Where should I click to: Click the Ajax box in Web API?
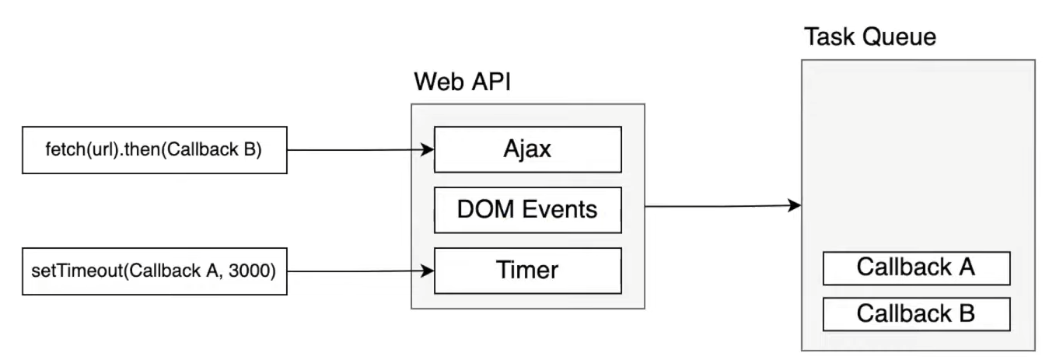[x=528, y=149]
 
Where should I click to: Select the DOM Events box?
[x=528, y=209]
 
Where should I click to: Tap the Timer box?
[x=528, y=271]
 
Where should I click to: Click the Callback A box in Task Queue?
[x=916, y=268]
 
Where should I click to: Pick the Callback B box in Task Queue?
[x=916, y=313]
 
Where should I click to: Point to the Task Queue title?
[x=869, y=37]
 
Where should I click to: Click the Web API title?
[x=462, y=81]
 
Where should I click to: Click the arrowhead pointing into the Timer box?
[x=427, y=271]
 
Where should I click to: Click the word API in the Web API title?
[x=491, y=81]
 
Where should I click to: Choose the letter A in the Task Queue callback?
[x=965, y=268]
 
